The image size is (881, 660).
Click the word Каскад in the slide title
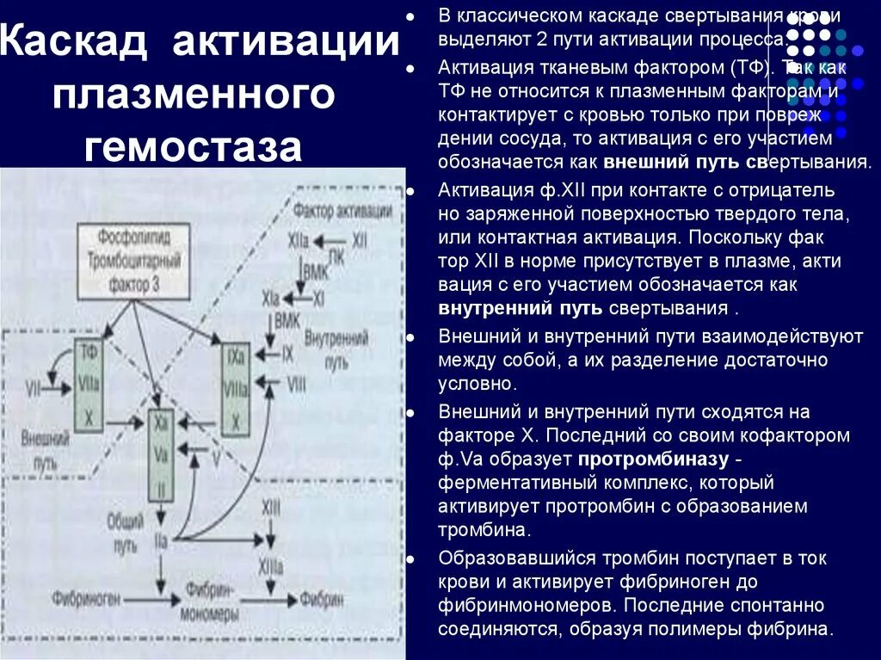tap(74, 44)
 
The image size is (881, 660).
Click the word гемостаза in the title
tap(193, 147)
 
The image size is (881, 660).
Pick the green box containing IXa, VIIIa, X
tap(235, 390)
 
